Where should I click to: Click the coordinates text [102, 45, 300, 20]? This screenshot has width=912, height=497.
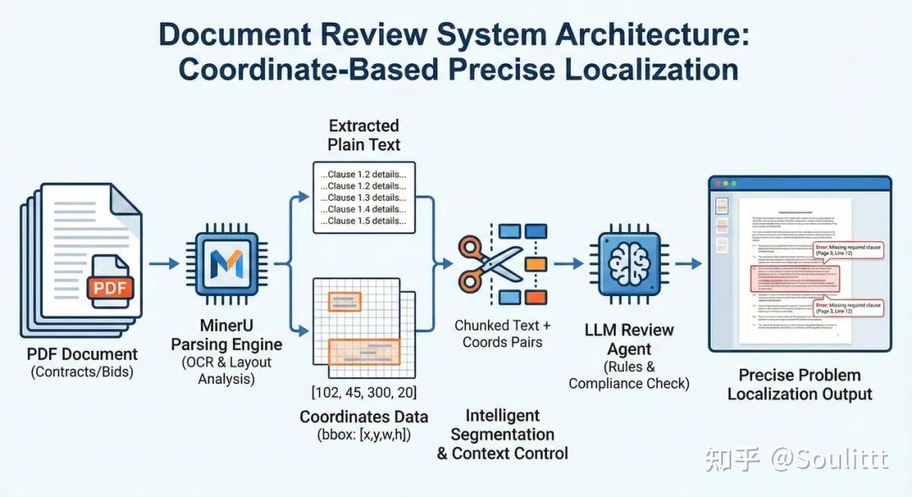pyautogui.click(x=364, y=392)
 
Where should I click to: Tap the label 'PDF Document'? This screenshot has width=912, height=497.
pyautogui.click(x=82, y=354)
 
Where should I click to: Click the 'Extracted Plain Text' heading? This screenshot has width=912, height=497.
pyautogui.click(x=364, y=135)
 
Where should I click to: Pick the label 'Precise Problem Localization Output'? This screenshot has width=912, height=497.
pyautogui.click(x=799, y=384)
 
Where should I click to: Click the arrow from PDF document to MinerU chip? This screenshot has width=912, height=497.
pyautogui.click(x=165, y=263)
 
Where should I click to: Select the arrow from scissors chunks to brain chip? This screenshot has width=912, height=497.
pyautogui.click(x=567, y=263)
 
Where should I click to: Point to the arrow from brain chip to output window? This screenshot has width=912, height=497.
pyautogui.click(x=688, y=263)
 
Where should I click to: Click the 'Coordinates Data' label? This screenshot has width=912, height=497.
pyautogui.click(x=364, y=417)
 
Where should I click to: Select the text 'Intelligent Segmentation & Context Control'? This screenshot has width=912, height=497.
pyautogui.click(x=502, y=435)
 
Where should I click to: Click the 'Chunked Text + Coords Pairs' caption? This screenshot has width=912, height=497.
pyautogui.click(x=502, y=333)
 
